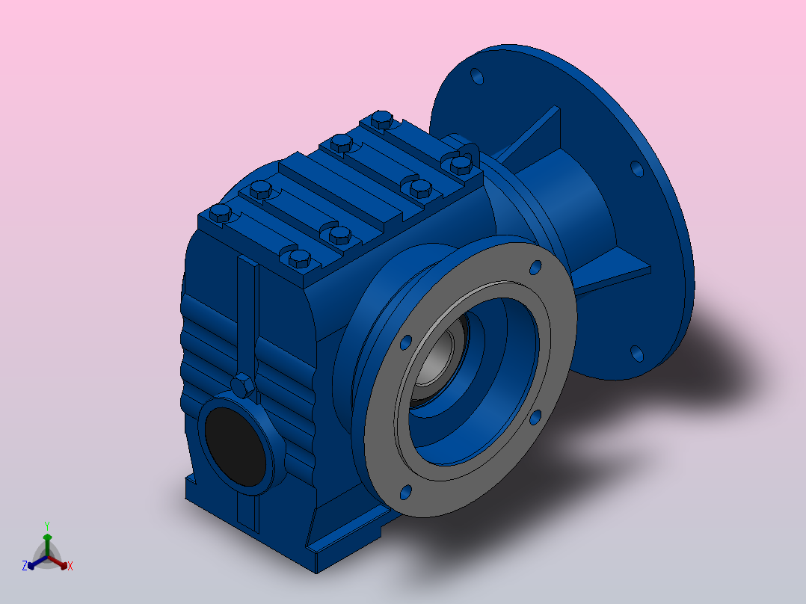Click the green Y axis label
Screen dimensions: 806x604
[47, 526]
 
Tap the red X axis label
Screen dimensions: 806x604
[70, 566]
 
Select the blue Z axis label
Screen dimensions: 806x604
[25, 566]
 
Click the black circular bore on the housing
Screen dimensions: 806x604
[236, 446]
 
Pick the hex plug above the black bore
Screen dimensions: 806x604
[242, 386]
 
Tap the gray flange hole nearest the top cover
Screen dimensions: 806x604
[535, 268]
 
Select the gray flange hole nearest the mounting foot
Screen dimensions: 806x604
[405, 492]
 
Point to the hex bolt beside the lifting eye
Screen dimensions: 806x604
[461, 165]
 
